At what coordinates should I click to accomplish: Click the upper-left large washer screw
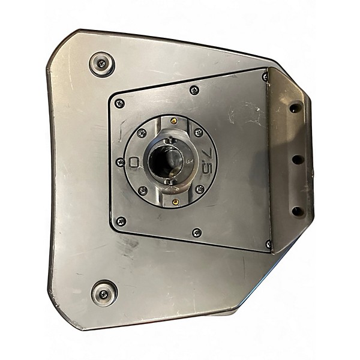102,64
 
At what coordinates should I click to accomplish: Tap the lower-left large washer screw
104,293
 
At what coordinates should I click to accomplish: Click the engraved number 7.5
208,161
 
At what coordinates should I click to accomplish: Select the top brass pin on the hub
175,120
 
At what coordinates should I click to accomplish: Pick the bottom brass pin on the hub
175,202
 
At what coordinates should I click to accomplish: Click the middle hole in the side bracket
298,159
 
